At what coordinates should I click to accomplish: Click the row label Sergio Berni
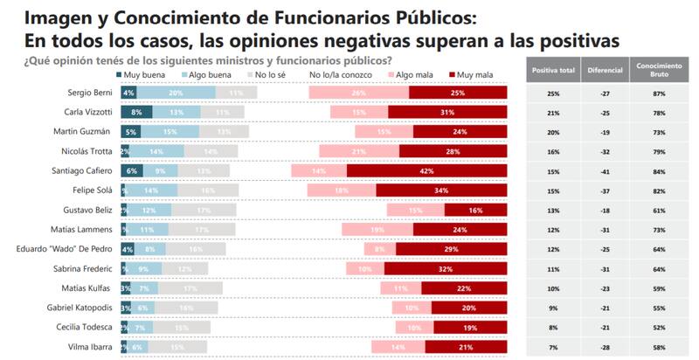87,93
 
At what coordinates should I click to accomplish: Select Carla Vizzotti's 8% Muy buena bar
136,112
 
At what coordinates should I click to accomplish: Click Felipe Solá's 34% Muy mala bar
442,190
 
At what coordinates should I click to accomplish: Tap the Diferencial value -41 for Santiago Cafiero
605,171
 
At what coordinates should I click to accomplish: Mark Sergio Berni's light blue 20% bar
176,93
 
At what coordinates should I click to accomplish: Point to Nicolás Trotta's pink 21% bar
359,151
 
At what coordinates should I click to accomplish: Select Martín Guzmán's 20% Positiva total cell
552,132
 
